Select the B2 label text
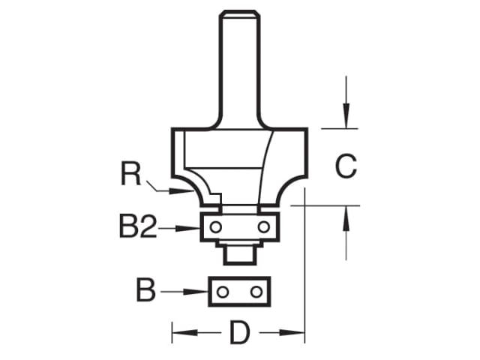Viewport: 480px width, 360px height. [x=137, y=226]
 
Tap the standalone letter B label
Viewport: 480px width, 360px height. [x=145, y=290]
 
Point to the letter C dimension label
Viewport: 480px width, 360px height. [x=345, y=166]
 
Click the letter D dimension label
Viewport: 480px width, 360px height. [x=238, y=332]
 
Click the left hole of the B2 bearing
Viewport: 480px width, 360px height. [x=214, y=226]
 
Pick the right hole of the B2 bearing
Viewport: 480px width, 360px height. [x=262, y=226]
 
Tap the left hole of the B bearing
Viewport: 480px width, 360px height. [x=221, y=291]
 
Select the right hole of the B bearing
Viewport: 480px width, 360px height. [x=256, y=291]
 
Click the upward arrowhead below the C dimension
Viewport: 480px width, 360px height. [x=346, y=214]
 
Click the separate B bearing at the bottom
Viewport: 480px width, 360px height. [x=238, y=291]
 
